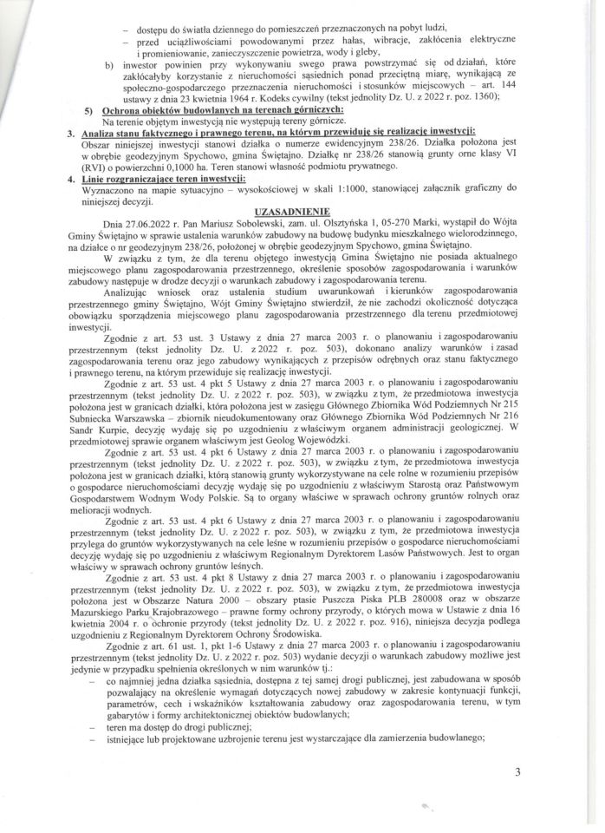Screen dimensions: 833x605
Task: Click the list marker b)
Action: pos(108,63)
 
